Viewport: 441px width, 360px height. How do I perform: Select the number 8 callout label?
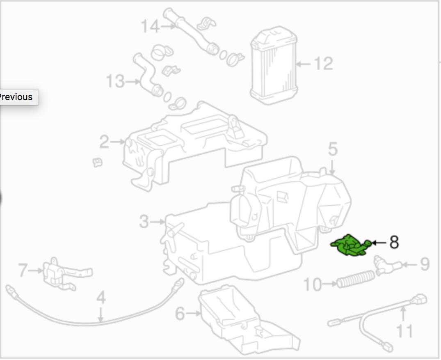pos(394,242)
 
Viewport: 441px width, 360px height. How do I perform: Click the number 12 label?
pos(323,64)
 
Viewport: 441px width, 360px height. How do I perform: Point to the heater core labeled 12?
pos(273,65)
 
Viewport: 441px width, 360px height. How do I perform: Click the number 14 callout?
pos(150,26)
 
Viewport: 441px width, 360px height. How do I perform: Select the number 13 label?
pos(115,81)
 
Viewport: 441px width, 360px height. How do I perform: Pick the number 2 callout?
pos(104,142)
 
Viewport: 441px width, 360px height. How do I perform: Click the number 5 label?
pos(333,149)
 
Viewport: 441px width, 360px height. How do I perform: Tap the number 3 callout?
pos(144,222)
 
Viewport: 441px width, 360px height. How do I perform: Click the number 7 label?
pos(23,270)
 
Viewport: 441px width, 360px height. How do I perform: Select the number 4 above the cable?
pos(101,298)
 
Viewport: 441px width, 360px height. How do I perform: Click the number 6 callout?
pos(180,313)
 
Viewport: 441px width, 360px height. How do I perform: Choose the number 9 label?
pos(425,264)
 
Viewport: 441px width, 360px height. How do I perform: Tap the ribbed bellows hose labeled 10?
pos(356,279)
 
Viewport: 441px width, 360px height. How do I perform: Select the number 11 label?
pos(404,331)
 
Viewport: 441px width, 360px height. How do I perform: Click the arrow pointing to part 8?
pos(379,242)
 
